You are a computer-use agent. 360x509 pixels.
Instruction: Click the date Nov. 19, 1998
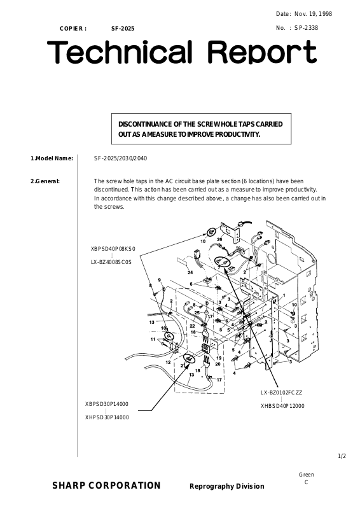pos(314,14)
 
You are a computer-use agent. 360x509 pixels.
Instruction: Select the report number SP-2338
pos(306,28)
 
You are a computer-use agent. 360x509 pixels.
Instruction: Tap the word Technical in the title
pos(119,52)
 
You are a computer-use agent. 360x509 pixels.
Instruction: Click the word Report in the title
pos(262,52)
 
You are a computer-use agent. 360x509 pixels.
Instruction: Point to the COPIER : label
pos(73,29)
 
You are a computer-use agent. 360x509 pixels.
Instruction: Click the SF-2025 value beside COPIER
pos(123,29)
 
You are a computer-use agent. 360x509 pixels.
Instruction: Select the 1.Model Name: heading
pos(52,158)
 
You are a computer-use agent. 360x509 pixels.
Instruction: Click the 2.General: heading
pos(45,181)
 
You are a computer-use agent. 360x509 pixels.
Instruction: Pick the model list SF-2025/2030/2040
pos(120,158)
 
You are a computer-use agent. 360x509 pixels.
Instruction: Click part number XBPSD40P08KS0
pos(113,249)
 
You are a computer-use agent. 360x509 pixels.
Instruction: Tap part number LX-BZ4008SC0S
pos(111,262)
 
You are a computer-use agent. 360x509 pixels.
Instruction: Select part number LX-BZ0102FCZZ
pos(281,393)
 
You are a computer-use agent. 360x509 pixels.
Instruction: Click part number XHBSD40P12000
pos(282,406)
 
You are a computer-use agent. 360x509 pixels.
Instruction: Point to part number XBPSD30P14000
pos(107,404)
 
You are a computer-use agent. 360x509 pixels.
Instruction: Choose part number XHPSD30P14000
pos(107,417)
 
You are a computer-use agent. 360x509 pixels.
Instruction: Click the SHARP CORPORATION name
pos(106,485)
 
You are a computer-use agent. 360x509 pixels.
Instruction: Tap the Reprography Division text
pos(227,486)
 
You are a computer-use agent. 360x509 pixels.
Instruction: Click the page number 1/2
pos(342,456)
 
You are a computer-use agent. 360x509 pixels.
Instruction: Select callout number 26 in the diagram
pos(220,240)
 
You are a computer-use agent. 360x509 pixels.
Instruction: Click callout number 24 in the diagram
pos(190,272)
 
